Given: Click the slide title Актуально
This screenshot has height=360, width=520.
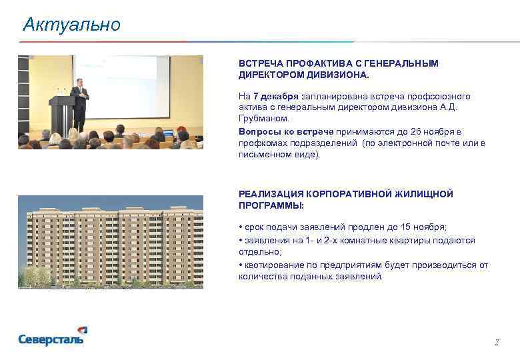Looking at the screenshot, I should tap(71, 25).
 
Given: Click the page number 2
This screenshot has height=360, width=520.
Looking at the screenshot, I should tap(496, 343).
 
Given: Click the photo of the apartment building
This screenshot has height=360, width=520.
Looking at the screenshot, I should tap(110, 241).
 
